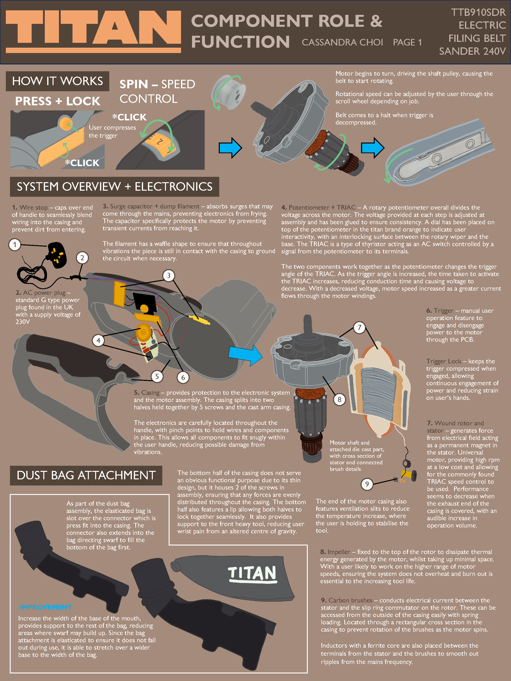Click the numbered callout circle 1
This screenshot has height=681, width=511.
pyautogui.click(x=14, y=245)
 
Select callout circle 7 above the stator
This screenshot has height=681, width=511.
pyautogui.click(x=359, y=328)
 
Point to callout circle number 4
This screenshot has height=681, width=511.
pyautogui.click(x=98, y=340)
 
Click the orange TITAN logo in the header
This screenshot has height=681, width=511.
pyautogui.click(x=93, y=31)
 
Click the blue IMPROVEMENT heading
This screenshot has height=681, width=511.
pyautogui.click(x=46, y=607)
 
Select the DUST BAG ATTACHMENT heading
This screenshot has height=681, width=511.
pyautogui.click(x=86, y=475)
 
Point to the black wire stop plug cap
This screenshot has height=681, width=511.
pyautogui.click(x=57, y=254)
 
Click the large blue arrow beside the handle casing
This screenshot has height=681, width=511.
pyautogui.click(x=246, y=355)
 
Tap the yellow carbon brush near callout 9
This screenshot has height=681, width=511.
pyautogui.click(x=408, y=476)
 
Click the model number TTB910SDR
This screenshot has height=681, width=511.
pyautogui.click(x=478, y=12)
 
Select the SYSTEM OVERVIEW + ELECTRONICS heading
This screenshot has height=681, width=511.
pyautogui.click(x=114, y=187)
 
